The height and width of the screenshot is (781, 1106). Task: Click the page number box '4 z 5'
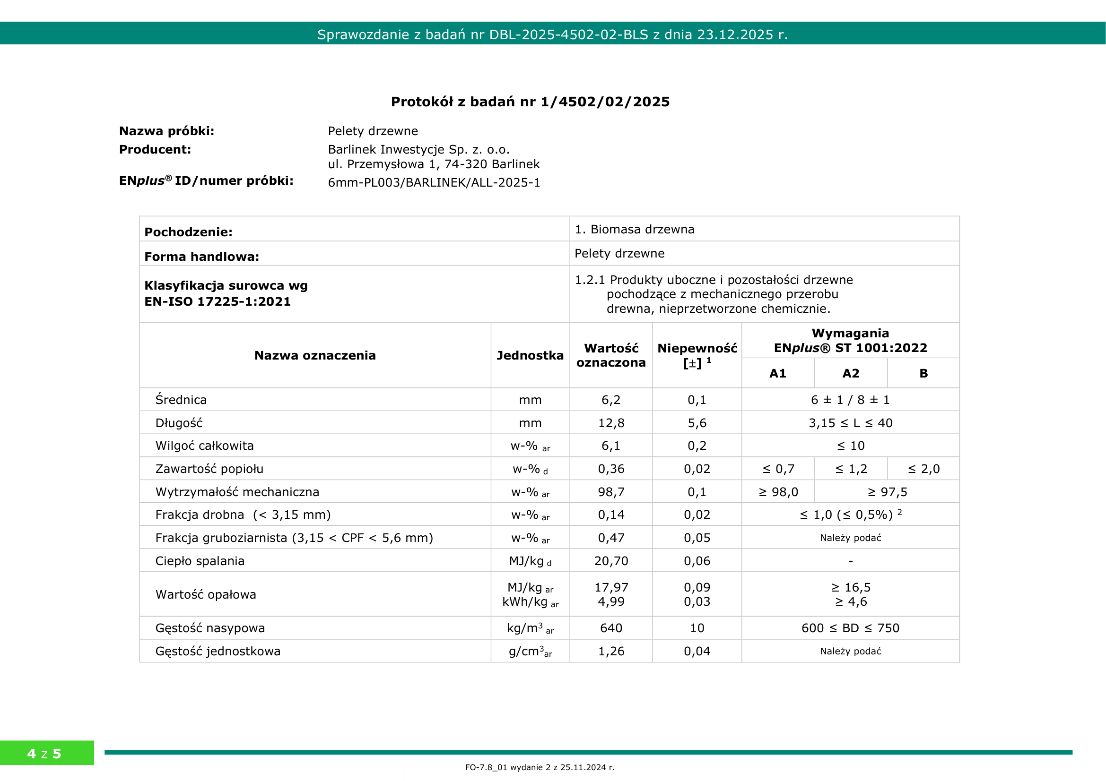coord(44,754)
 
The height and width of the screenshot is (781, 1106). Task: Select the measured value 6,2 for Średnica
coord(611,400)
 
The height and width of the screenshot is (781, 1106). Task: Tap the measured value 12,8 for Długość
coord(611,423)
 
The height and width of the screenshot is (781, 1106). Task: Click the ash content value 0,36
coord(611,469)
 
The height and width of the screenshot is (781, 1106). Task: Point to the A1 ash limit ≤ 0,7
coord(778,469)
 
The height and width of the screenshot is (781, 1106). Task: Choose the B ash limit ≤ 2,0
coord(923,469)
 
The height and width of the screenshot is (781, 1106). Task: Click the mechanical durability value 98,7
coord(611,492)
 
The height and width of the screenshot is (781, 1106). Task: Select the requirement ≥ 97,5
coord(887,492)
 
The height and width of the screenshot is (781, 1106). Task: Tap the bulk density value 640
coord(611,628)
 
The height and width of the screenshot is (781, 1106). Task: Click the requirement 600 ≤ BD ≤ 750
coord(850,628)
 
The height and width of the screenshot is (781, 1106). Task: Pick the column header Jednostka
coord(530,356)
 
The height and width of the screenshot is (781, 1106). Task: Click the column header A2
coord(851,373)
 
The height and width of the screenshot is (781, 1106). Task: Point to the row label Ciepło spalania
coord(200,561)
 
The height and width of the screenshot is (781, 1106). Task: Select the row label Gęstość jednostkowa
coord(218,651)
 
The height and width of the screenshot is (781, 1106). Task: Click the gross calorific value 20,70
coord(611,561)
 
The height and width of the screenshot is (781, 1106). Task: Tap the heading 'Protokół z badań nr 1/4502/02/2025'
coord(531,102)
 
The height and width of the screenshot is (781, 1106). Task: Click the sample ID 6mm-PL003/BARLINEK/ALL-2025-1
coord(434,183)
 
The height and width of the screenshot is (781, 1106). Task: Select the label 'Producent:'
coord(155,150)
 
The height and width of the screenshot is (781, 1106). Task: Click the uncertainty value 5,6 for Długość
coord(697,423)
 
